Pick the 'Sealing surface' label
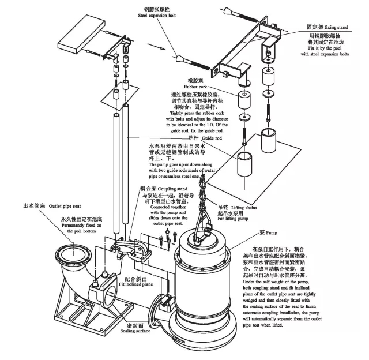pyautogui.click(x=135, y=332)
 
